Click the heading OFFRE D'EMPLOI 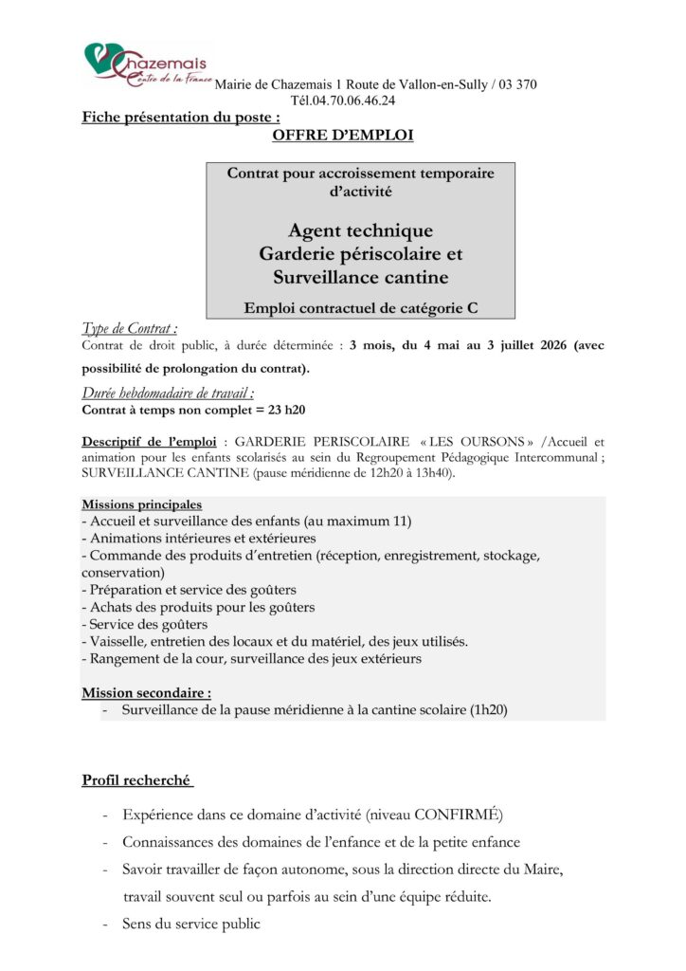[342, 137]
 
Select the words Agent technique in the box [360, 230]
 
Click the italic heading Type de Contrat [130, 329]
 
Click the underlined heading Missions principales [142, 504]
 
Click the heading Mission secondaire [147, 692]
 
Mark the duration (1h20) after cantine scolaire [488, 709]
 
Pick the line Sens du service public [190, 924]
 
